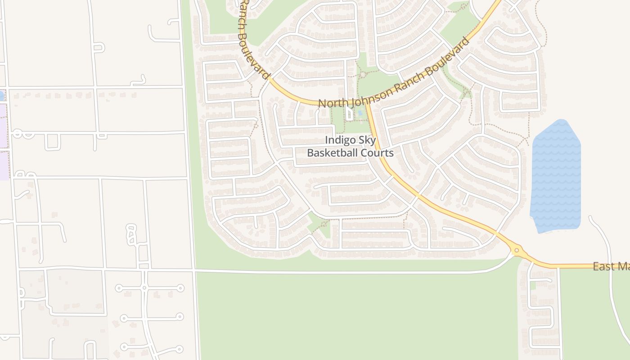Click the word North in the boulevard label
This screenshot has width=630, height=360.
click(x=332, y=103)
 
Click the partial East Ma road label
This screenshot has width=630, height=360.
click(x=610, y=266)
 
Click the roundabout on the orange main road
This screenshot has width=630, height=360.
click(x=517, y=250)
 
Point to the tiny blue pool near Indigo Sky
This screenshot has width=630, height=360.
click(x=360, y=113)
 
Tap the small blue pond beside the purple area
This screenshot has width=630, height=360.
click(x=1, y=95)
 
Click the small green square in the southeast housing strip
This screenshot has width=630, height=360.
click(x=533, y=286)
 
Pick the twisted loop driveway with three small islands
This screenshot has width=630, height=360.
click(x=130, y=235)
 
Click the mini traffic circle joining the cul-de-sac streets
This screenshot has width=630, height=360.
click(x=144, y=288)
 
